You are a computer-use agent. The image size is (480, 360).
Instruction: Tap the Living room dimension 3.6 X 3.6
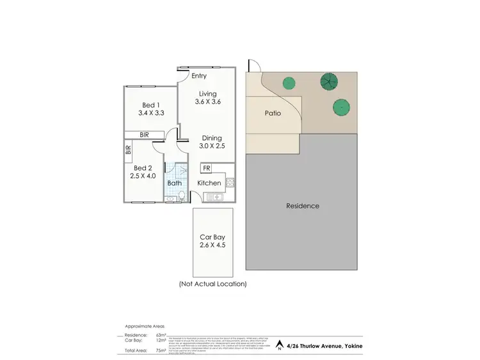tap(207, 101)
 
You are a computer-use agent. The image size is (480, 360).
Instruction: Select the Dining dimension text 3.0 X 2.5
tap(212, 146)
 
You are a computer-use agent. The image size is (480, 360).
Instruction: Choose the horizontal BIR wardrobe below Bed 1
tap(144, 135)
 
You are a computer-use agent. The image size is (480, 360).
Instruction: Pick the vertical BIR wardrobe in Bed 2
tap(129, 150)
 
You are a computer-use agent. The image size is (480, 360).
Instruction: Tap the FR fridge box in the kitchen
tap(206, 168)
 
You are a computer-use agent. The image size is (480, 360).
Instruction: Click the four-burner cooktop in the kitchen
tap(230, 183)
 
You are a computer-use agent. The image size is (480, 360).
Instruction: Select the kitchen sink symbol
tap(214, 196)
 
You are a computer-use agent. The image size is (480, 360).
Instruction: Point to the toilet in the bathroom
tap(182, 196)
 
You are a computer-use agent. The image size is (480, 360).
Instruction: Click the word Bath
tap(174, 184)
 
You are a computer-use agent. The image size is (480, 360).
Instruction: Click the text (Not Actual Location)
tap(212, 283)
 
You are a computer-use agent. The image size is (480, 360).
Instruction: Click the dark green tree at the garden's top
tap(329, 81)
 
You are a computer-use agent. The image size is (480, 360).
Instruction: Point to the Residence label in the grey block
tap(302, 206)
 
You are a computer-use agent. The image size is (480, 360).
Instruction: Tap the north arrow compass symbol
tap(280, 346)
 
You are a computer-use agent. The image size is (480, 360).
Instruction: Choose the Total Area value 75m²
tap(160, 350)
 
